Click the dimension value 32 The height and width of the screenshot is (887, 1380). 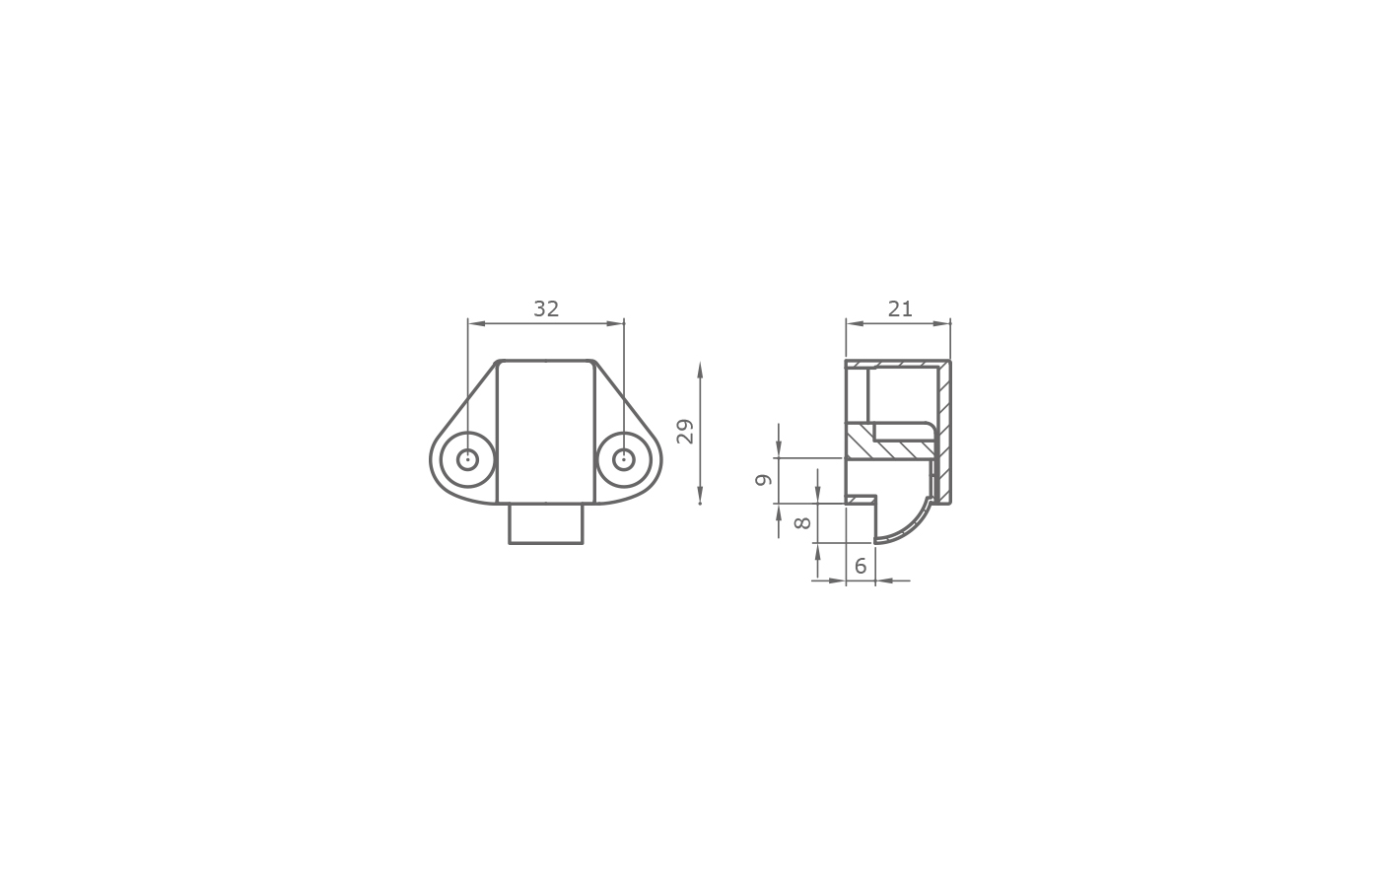[x=546, y=308]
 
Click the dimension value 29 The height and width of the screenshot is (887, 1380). [x=685, y=432]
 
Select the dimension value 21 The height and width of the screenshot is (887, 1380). [x=899, y=308]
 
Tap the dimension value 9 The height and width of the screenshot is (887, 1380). [x=763, y=480]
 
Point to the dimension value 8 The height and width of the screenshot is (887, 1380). [x=802, y=523]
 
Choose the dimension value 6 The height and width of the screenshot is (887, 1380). [x=861, y=566]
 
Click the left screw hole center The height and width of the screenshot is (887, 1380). [x=467, y=459]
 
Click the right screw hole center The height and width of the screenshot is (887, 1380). [x=624, y=459]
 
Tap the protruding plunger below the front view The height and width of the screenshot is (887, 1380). [x=546, y=523]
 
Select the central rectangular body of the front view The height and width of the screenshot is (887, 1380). [x=546, y=432]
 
